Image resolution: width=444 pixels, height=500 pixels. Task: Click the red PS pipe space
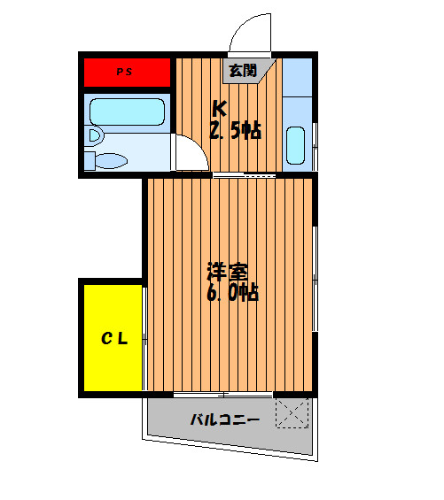coord(127,73)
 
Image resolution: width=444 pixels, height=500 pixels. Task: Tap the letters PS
coord(124,72)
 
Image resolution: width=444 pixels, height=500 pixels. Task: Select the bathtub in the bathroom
coord(127,112)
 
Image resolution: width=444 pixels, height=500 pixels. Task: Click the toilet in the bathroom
coord(106,161)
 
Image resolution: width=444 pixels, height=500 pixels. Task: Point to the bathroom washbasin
coord(95,135)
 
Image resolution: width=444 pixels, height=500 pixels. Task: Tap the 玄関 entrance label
coord(244,71)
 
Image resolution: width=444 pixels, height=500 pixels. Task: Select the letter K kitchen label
coord(220,109)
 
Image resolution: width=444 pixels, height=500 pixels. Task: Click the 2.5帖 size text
coord(236,130)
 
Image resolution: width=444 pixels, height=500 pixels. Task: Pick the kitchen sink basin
coord(295,145)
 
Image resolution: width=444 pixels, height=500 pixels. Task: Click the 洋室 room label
coord(228,272)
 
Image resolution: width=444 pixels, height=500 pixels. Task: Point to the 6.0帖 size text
coord(232,292)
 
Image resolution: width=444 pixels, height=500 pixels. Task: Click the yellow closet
coord(113,338)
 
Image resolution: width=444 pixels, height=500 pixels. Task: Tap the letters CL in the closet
coord(114,339)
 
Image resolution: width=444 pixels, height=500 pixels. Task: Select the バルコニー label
coord(225,419)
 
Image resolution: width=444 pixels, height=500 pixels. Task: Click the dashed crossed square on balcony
coord(292,413)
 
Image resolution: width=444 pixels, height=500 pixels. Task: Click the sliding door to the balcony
coord(223,395)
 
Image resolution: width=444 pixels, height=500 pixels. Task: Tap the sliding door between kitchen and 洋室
coord(245,175)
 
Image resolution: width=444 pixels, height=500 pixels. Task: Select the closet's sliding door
coord(144,339)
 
